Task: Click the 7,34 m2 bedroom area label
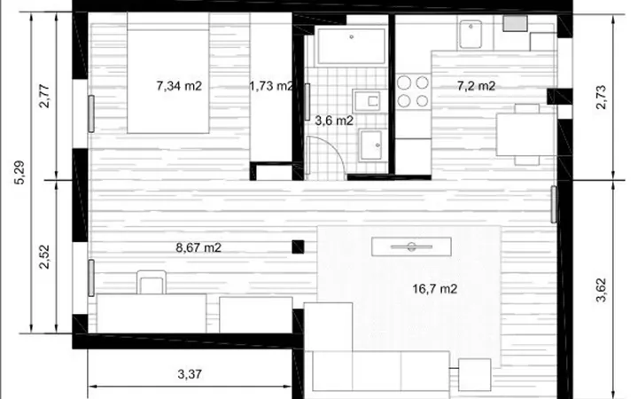pos(179,86)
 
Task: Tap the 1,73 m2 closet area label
pos(271,86)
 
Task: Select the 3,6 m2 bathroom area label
pos(334,121)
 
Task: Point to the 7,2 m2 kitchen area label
pos(476,86)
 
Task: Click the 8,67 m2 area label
pos(198,247)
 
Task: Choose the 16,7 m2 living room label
pos(435,289)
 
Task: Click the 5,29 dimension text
pos(19,173)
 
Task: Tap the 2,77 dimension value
pos(44,96)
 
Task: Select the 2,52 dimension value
pos(44,257)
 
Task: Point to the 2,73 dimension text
pos(601,97)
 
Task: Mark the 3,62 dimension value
pos(601,290)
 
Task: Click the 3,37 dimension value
pos(190,374)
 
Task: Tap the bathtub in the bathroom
pos(351,46)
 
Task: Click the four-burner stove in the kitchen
pos(413,91)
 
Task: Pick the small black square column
pos(298,247)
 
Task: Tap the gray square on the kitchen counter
pos(515,23)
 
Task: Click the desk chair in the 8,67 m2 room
pos(152,282)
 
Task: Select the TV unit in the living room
pos(411,246)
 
